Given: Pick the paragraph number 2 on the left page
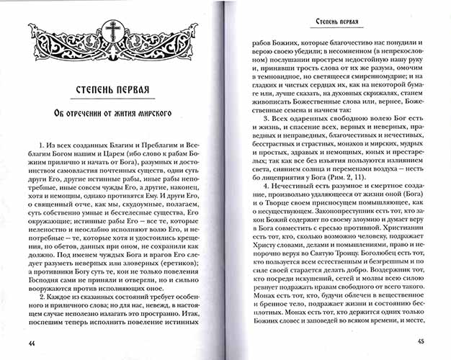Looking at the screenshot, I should (43, 296).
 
